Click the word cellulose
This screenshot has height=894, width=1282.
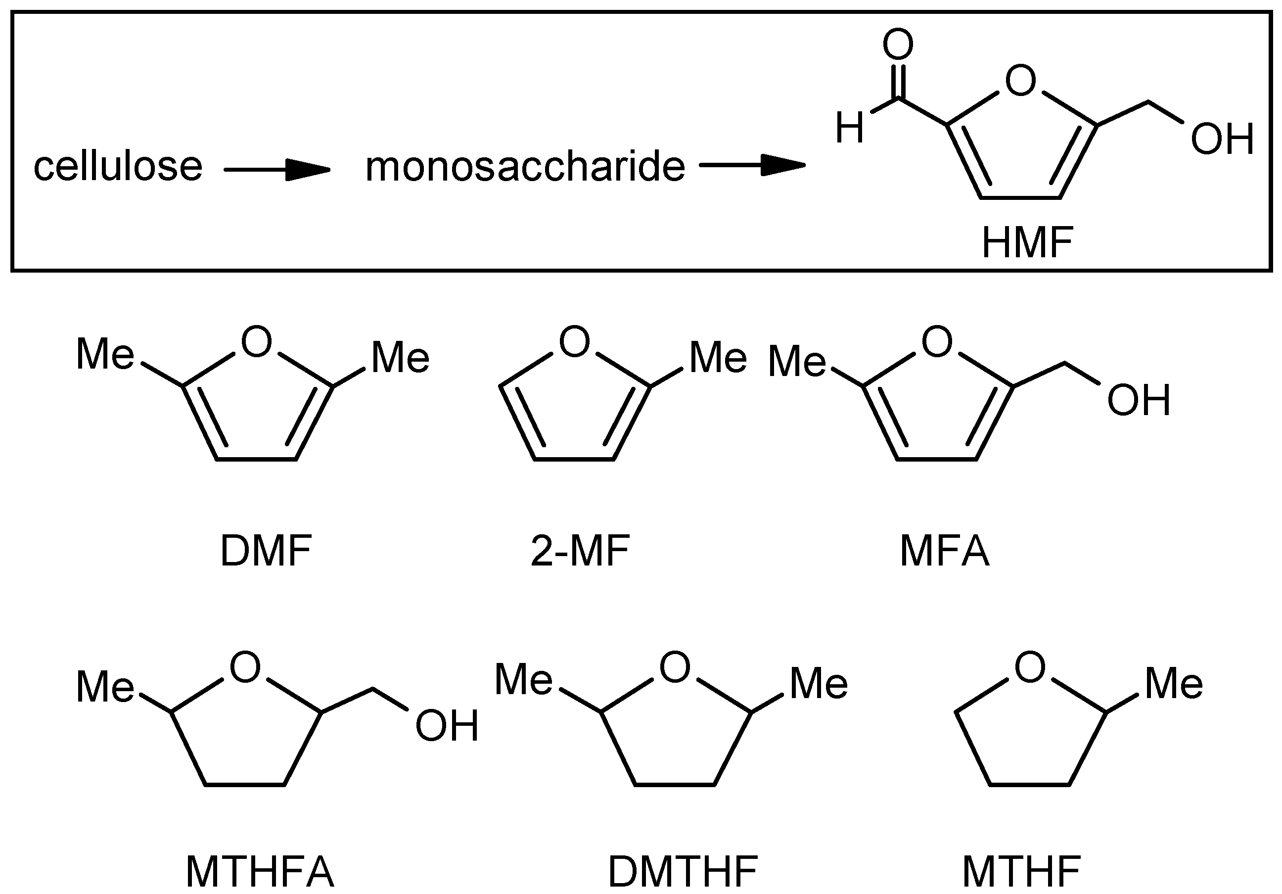[118, 166]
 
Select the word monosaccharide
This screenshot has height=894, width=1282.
[525, 166]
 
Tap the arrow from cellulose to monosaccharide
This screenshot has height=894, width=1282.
[277, 169]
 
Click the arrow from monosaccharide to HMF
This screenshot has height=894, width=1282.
[752, 165]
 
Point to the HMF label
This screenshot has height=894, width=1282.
[1027, 242]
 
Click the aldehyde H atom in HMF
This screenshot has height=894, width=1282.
[849, 128]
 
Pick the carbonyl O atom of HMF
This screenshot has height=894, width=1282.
[898, 45]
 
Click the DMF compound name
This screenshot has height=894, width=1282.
[266, 551]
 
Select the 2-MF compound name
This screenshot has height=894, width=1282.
[580, 551]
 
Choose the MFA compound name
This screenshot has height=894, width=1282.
[945, 551]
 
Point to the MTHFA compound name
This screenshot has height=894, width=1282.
[260, 872]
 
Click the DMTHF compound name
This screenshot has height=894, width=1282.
[683, 872]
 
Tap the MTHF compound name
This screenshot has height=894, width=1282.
[1021, 872]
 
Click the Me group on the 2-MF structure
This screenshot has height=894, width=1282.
[718, 357]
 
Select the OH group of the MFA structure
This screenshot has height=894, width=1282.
[1139, 400]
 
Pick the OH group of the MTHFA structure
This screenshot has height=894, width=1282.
[447, 725]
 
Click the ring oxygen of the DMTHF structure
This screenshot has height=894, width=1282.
[675, 667]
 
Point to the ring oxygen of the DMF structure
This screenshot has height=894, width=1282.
[256, 341]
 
